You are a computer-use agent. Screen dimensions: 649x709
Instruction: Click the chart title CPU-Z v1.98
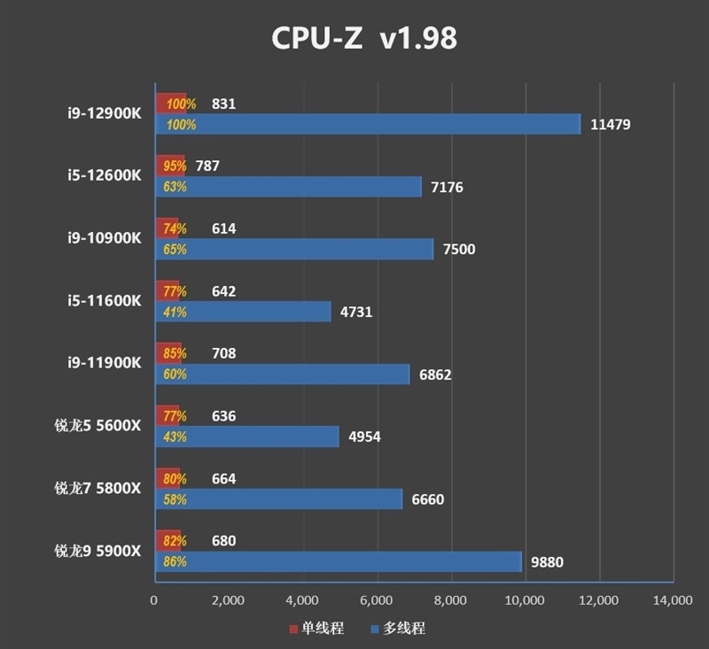pyautogui.click(x=363, y=39)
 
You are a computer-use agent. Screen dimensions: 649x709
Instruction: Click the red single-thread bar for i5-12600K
pyautogui.click(x=170, y=166)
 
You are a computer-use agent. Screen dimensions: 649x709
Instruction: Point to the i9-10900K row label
pyautogui.click(x=104, y=238)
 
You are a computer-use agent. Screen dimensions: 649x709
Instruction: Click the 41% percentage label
pyautogui.click(x=175, y=312)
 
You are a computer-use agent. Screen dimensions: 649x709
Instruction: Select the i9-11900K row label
pyautogui.click(x=104, y=363)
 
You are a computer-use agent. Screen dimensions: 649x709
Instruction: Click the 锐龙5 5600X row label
pyautogui.click(x=97, y=425)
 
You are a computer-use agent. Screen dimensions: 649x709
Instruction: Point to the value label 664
pyautogui.click(x=223, y=479)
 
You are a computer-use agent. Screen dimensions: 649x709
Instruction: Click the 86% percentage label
pyautogui.click(x=175, y=561)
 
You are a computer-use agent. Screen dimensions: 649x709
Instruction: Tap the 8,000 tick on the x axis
pyautogui.click(x=451, y=601)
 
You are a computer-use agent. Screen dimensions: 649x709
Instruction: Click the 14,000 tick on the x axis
pyautogui.click(x=672, y=601)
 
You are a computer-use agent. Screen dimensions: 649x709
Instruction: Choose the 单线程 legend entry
pyautogui.click(x=316, y=629)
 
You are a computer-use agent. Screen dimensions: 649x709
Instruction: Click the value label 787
pyautogui.click(x=206, y=166)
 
